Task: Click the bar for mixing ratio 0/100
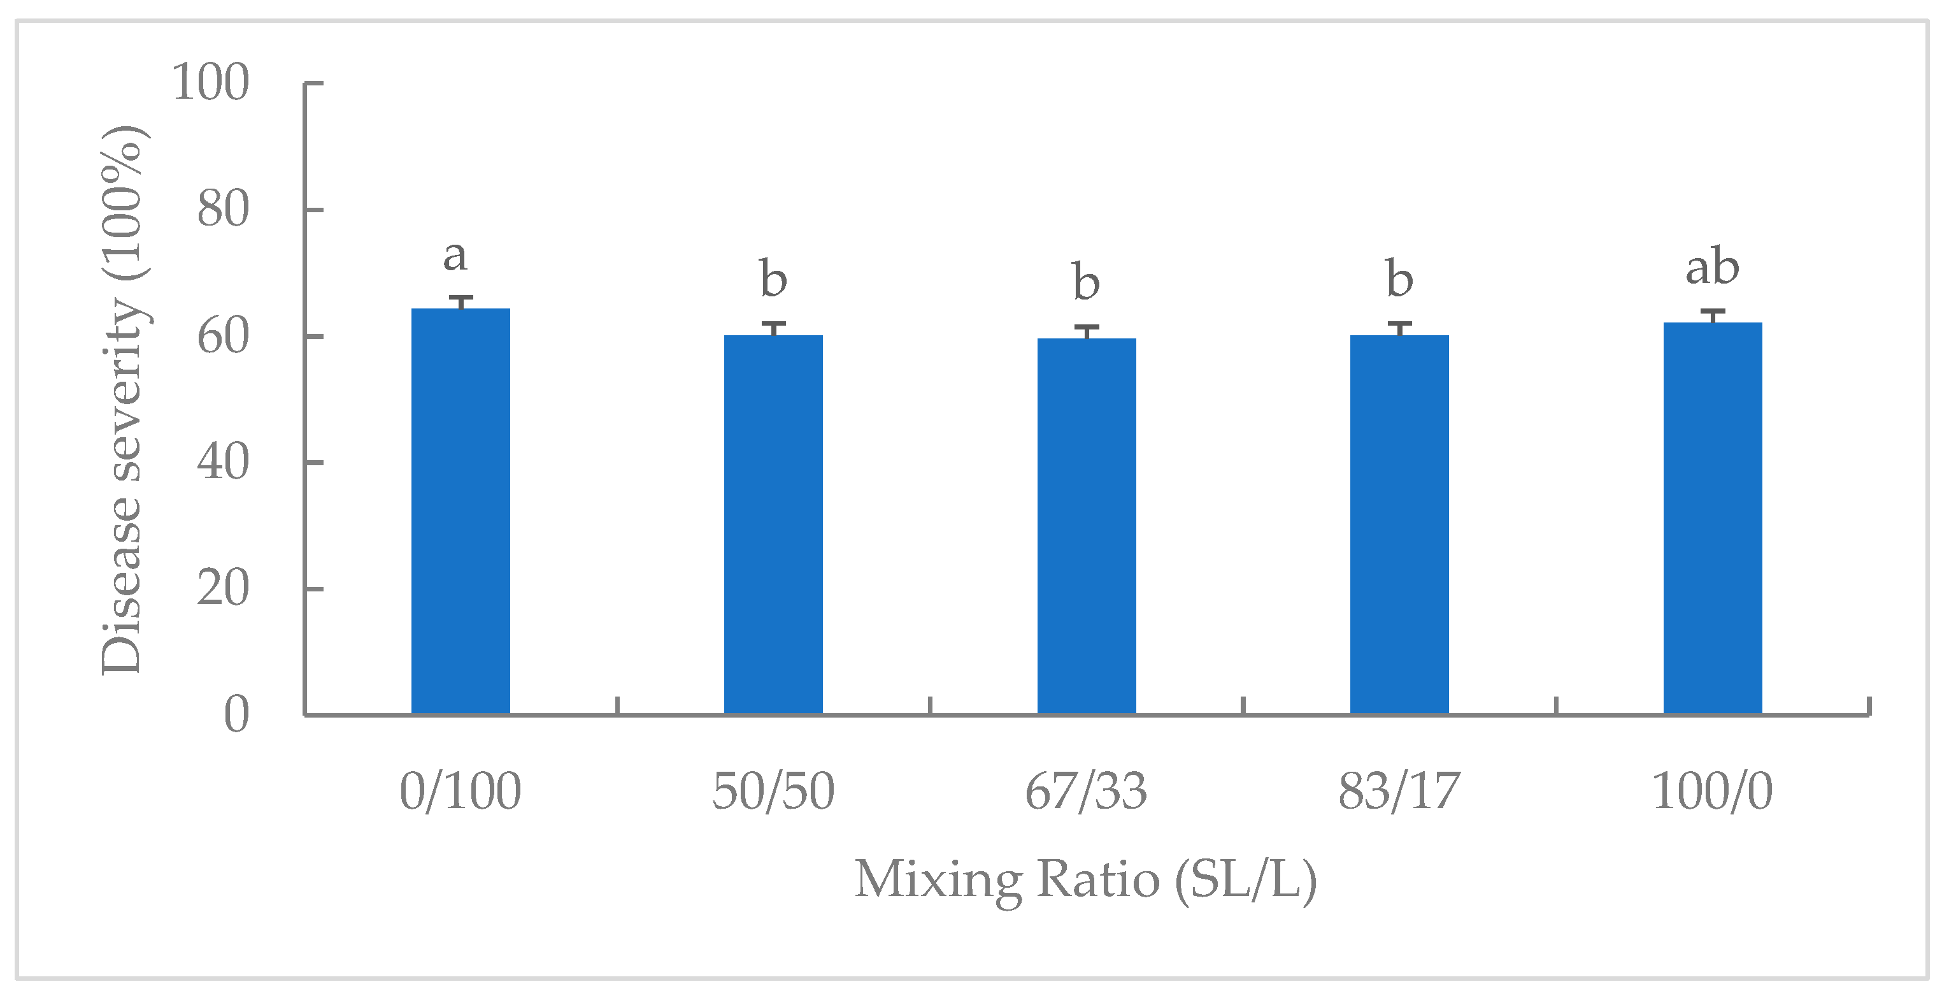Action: [460, 511]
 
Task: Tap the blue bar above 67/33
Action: [1086, 526]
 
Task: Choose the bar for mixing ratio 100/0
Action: [1712, 517]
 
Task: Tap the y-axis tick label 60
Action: [222, 336]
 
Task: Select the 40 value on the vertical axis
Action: [222, 463]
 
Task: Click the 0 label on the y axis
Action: [236, 714]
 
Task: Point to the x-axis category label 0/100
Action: [460, 792]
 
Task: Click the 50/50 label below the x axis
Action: [773, 792]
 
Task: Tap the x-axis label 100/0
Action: [1712, 792]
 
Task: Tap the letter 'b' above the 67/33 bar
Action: [1086, 282]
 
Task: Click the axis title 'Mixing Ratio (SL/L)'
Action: [1086, 879]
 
